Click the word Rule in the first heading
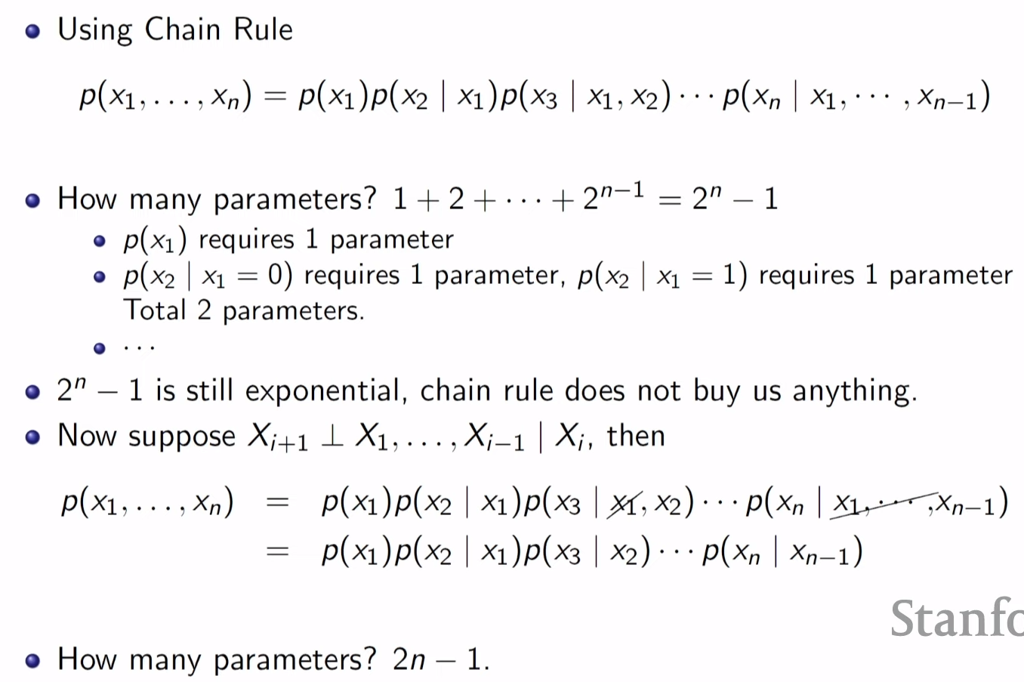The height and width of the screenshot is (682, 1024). pyautogui.click(x=263, y=29)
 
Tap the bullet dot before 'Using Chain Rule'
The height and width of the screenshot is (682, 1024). pyautogui.click(x=32, y=31)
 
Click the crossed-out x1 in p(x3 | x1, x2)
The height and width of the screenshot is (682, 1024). pyautogui.click(x=624, y=502)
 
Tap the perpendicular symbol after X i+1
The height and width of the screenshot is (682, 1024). pyautogui.click(x=332, y=437)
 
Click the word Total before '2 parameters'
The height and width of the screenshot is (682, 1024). pyautogui.click(x=155, y=310)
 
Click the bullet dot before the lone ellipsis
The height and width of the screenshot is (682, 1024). pyautogui.click(x=99, y=348)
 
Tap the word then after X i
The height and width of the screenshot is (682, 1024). pyautogui.click(x=635, y=436)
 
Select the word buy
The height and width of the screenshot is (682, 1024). pyautogui.click(x=716, y=392)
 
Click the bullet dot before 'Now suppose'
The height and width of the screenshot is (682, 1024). pyautogui.click(x=32, y=437)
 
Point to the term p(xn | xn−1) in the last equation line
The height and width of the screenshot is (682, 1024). pyautogui.click(x=782, y=552)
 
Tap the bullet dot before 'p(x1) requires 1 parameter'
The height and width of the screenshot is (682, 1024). pyautogui.click(x=99, y=241)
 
